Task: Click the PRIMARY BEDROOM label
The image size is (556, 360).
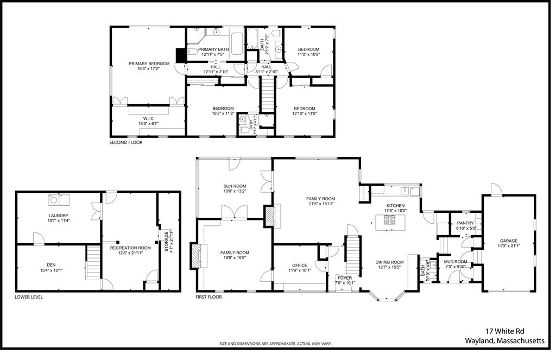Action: point(149,64)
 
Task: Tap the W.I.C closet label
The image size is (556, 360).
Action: point(149,118)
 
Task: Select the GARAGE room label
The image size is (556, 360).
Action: point(508,241)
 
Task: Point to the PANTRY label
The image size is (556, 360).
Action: point(465,223)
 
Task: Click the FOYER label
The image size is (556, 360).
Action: point(344,278)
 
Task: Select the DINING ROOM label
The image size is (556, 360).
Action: point(389,262)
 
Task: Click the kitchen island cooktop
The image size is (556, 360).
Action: point(390,219)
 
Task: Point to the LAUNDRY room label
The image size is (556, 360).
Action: point(58,216)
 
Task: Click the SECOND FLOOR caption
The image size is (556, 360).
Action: point(125,143)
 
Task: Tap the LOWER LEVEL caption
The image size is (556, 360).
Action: point(29,297)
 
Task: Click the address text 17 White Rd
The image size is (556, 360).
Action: point(504,331)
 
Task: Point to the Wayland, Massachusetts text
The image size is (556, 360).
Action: point(504,341)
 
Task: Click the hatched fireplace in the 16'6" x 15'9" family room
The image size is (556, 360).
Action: point(195,255)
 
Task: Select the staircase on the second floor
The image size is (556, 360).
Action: point(267,94)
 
